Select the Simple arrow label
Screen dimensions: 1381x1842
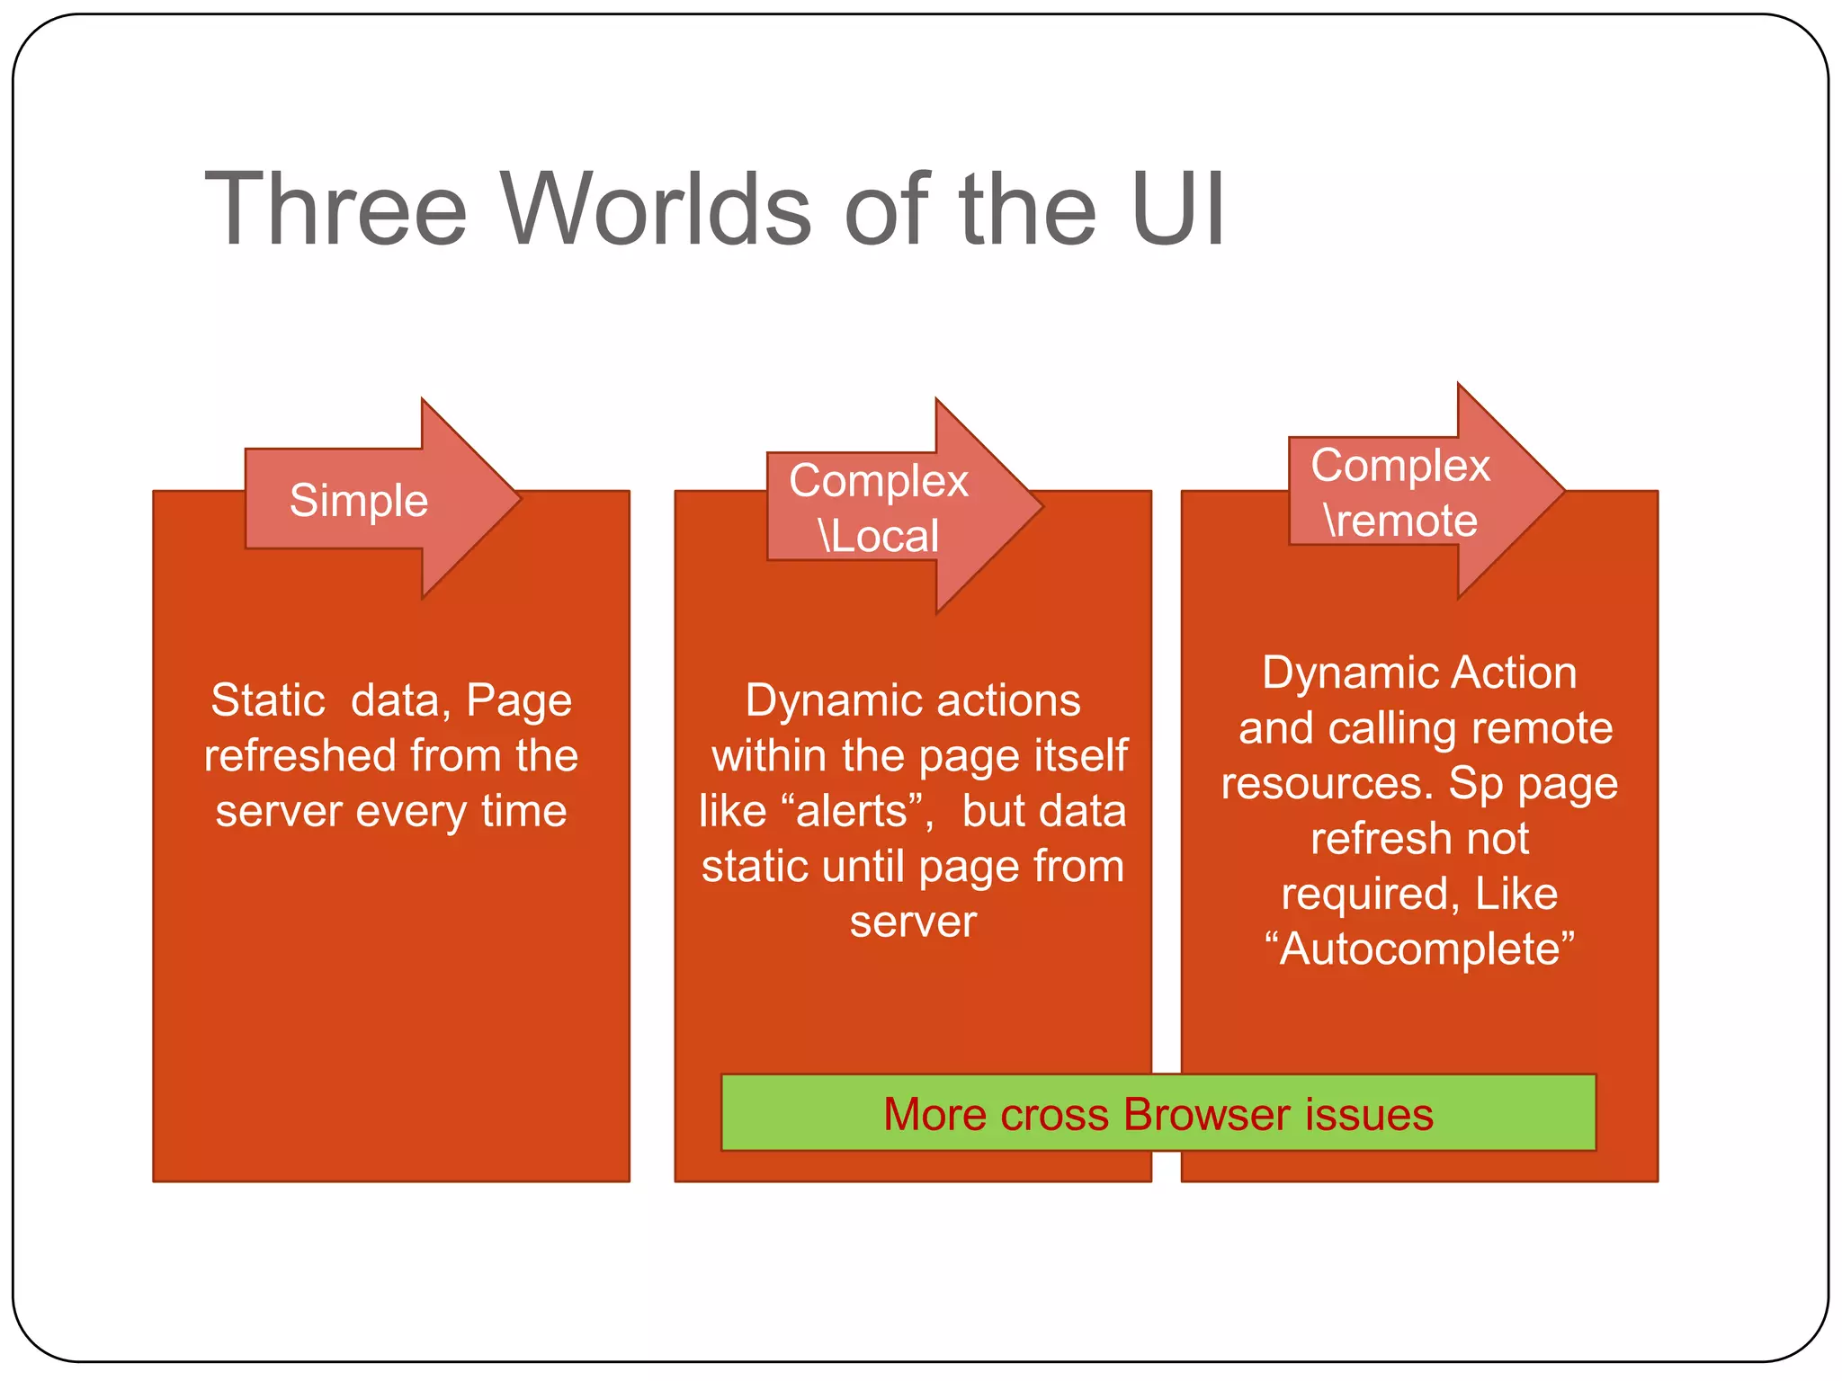(x=358, y=500)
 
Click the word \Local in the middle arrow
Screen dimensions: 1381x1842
(x=879, y=536)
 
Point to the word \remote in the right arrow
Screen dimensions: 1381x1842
(x=1400, y=521)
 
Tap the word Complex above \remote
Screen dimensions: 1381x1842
(x=1400, y=466)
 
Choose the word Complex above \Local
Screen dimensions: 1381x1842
(x=879, y=480)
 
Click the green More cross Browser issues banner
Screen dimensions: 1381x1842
(x=1158, y=1113)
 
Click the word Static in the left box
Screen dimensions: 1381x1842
(x=268, y=699)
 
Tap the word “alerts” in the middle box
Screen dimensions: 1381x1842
(x=852, y=811)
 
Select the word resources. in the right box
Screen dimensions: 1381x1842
(x=1327, y=783)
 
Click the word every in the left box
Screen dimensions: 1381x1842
(x=411, y=811)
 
